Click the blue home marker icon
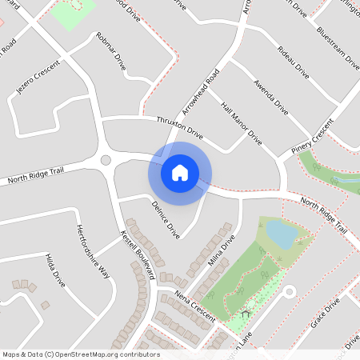[x=180, y=173]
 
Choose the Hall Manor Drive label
[x=241, y=123]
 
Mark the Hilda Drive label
[x=56, y=268]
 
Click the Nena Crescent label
[x=195, y=307]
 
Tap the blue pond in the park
[x=281, y=234]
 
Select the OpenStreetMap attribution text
[x=81, y=354]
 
